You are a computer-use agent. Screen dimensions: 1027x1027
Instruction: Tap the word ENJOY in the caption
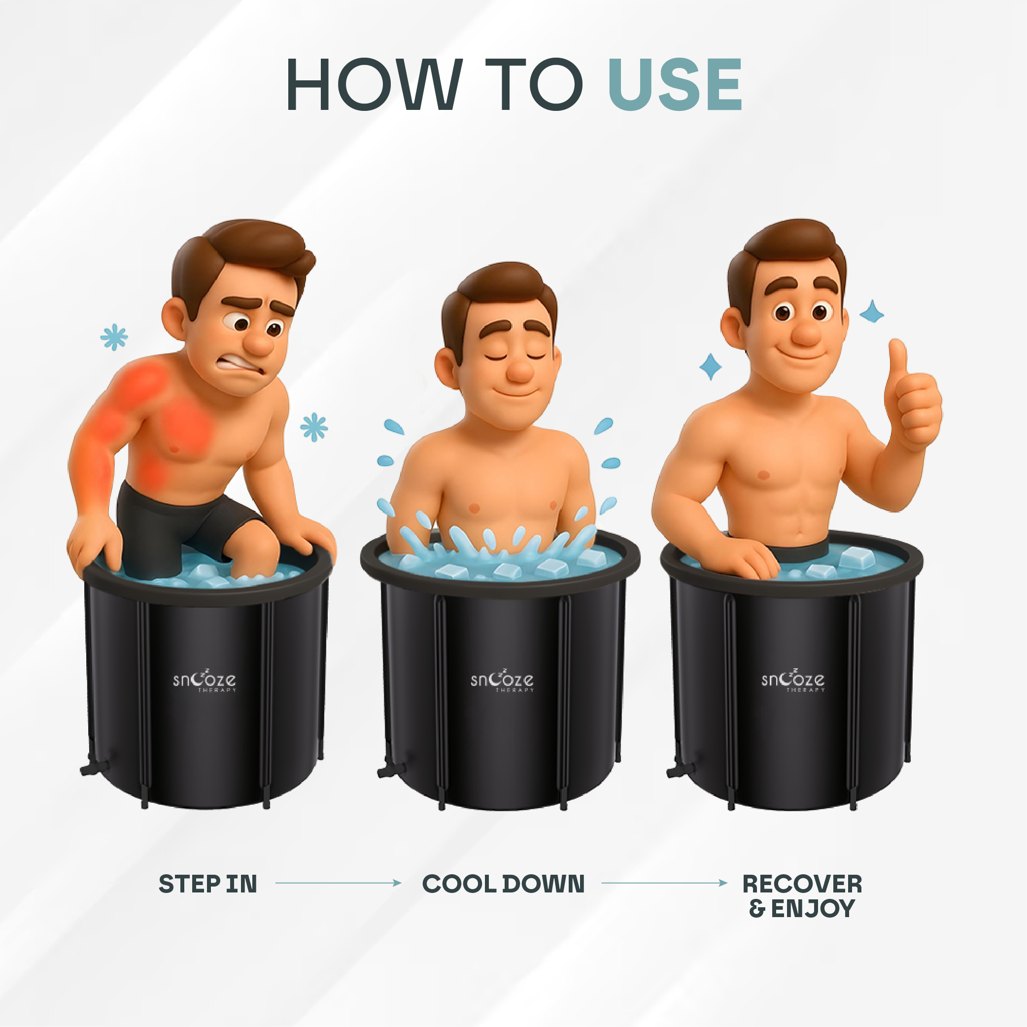[x=813, y=909]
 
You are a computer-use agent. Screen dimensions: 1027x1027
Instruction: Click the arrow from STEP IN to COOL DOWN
[x=338, y=883]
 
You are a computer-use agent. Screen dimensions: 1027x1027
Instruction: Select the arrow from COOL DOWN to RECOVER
[x=664, y=883]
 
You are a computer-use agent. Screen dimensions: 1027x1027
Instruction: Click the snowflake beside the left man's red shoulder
[x=114, y=337]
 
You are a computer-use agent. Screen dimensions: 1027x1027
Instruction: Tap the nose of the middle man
[x=519, y=371]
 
